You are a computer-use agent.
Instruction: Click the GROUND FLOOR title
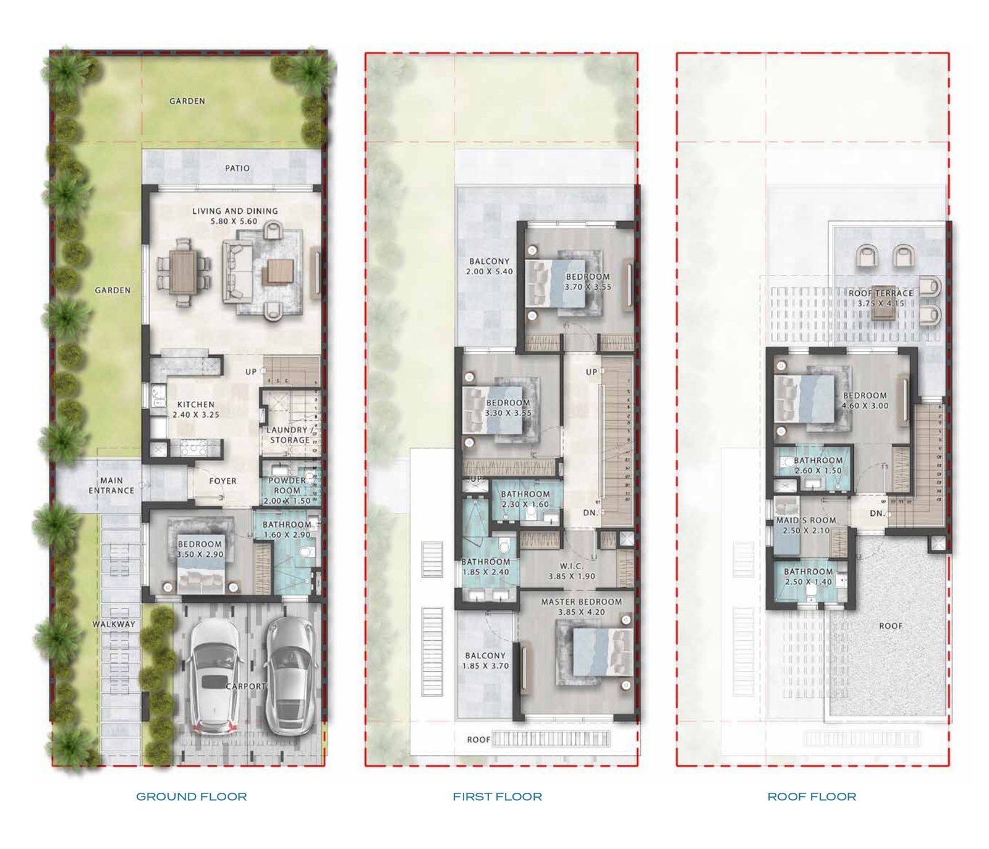(x=192, y=796)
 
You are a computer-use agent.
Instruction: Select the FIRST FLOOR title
(x=498, y=796)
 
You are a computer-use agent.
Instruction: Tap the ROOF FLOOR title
(x=812, y=796)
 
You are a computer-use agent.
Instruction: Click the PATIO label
(x=237, y=168)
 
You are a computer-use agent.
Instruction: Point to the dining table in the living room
(x=184, y=272)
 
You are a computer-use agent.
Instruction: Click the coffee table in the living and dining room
(x=279, y=271)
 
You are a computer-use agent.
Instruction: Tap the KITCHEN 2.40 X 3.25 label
(x=196, y=409)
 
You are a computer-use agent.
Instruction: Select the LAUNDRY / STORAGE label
(x=289, y=434)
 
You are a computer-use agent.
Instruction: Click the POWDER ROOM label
(x=287, y=485)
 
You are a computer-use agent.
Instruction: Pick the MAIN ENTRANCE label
(x=111, y=485)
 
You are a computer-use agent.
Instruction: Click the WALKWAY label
(x=114, y=624)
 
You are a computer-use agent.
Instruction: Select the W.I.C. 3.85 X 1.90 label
(x=572, y=571)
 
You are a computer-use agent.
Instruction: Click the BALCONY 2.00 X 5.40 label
(x=490, y=266)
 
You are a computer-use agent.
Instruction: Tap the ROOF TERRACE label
(x=881, y=293)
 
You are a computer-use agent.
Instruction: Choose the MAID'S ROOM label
(x=806, y=520)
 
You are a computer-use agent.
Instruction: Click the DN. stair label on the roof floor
(x=878, y=513)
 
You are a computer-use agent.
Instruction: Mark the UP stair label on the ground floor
(x=251, y=372)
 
